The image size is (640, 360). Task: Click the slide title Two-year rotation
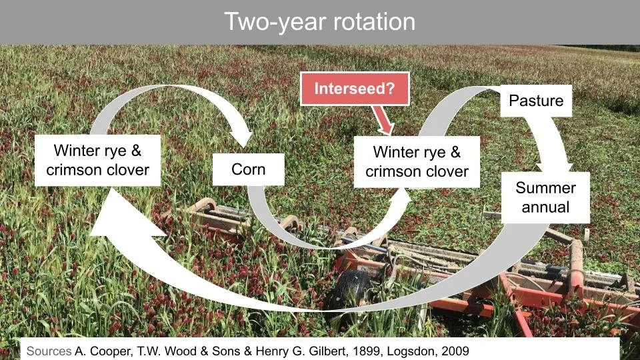pos(319,22)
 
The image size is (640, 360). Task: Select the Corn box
pos(248,169)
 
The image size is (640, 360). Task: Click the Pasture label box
pos(536,101)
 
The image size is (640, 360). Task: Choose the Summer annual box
pos(545,197)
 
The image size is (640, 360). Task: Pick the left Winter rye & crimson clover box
pos(98,160)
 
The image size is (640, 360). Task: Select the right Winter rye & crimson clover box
pos(417,161)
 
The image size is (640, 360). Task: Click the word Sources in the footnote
pos(48,350)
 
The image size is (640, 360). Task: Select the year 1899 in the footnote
pos(362,350)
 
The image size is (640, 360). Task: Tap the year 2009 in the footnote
pos(461,350)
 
